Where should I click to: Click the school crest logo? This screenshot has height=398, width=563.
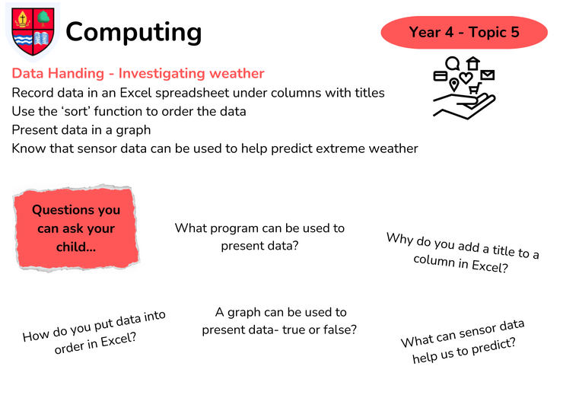click(x=33, y=32)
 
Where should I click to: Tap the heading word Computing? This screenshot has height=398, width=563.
click(x=134, y=33)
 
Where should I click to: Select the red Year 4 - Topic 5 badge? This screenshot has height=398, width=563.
click(x=464, y=32)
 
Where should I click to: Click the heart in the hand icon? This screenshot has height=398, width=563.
click(x=466, y=78)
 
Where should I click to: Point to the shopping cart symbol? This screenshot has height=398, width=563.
click(x=475, y=88)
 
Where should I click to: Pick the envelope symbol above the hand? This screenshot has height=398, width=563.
click(x=488, y=75)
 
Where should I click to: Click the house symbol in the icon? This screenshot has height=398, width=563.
click(x=473, y=63)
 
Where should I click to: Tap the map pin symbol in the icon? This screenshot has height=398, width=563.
click(x=454, y=84)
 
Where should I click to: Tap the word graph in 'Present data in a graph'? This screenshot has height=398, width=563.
click(x=133, y=131)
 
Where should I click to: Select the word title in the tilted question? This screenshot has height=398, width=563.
click(x=504, y=250)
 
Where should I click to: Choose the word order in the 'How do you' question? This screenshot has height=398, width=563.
click(x=71, y=347)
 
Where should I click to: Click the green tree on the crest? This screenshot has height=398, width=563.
click(x=44, y=18)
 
